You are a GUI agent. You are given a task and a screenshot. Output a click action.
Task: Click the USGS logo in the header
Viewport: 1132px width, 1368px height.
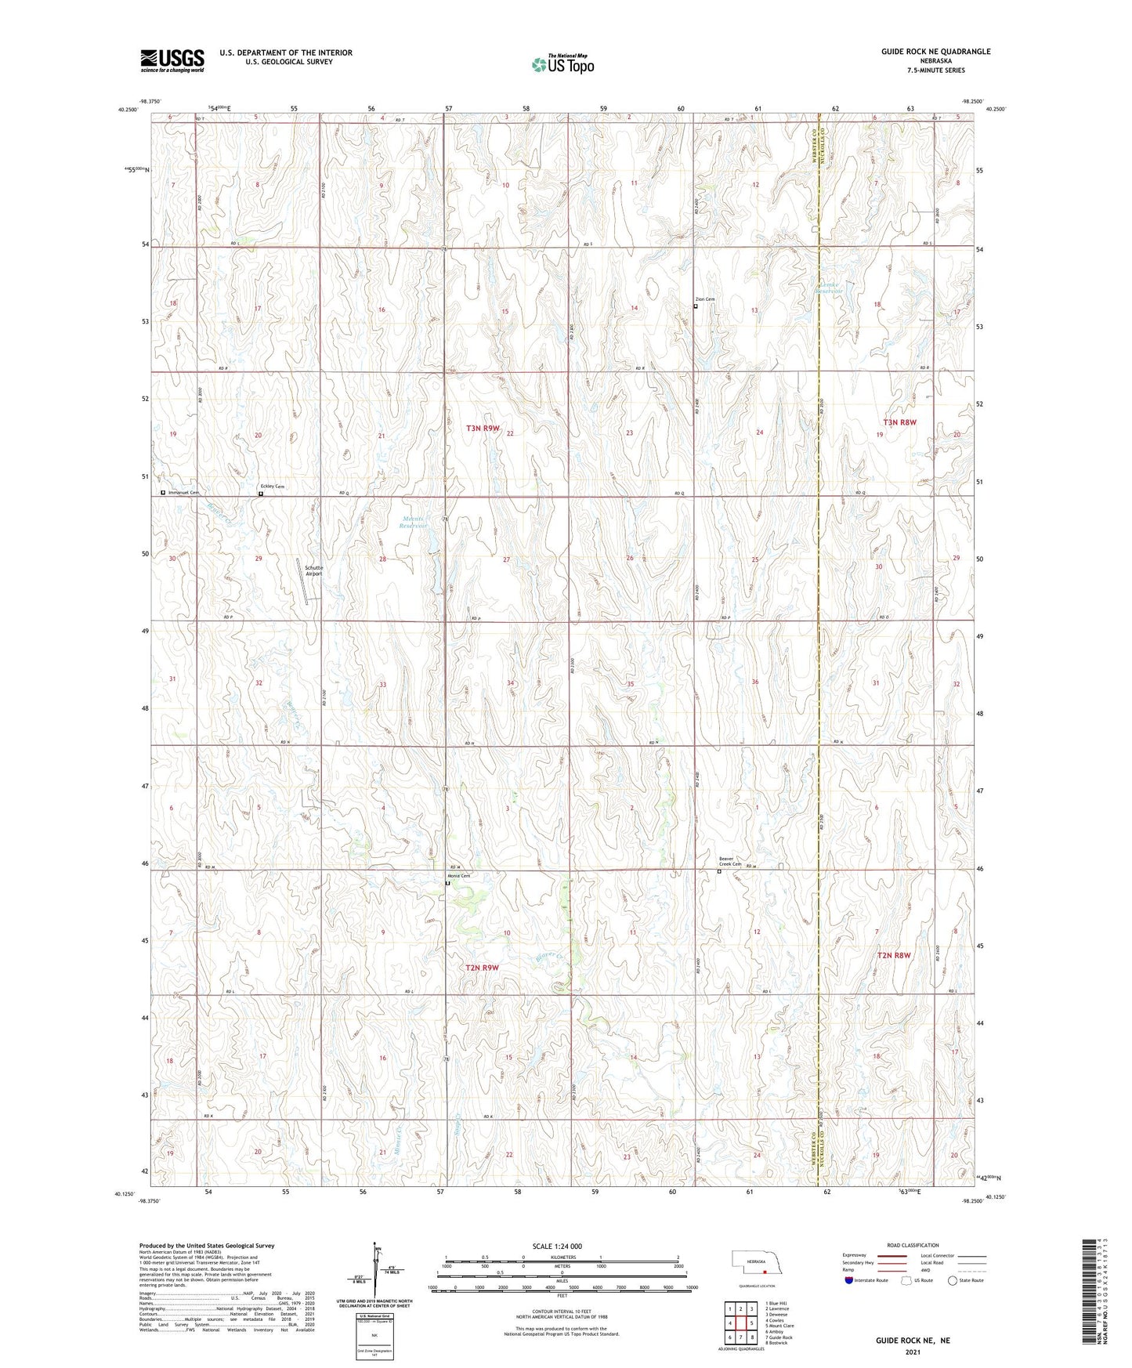[x=172, y=60]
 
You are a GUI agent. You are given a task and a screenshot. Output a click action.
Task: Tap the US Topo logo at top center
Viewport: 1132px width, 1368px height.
[x=562, y=63]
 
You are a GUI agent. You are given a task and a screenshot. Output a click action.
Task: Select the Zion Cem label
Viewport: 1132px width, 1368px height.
[x=705, y=299]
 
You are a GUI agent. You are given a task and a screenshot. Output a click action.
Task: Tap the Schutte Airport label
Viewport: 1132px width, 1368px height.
[x=313, y=570]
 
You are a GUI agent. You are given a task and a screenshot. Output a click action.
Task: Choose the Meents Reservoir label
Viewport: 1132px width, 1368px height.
[x=413, y=523]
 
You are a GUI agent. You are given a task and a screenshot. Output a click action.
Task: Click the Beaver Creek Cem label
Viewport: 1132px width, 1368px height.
[x=730, y=861]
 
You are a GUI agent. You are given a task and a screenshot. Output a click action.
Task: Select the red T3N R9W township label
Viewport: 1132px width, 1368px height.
[x=483, y=429]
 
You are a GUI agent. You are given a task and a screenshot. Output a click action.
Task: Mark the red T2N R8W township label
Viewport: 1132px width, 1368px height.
[x=894, y=955]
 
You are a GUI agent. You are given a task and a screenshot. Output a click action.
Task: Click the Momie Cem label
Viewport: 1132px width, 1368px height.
[x=458, y=876]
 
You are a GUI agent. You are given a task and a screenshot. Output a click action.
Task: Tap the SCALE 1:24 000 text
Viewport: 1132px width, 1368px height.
[x=562, y=1246]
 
